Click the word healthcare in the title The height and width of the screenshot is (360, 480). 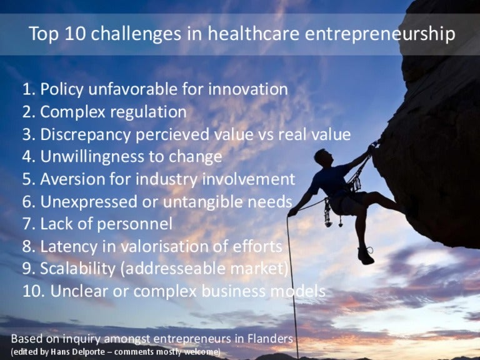[x=254, y=33]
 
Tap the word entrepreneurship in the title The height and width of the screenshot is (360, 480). [x=380, y=34]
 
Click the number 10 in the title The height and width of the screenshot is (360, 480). [x=75, y=33]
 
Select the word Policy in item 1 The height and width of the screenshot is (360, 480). [x=62, y=90]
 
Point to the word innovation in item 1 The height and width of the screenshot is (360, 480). [x=248, y=89]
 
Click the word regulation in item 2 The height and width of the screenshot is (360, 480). [x=148, y=112]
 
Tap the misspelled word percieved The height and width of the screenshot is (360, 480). [x=172, y=135]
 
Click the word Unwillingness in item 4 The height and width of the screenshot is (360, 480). [x=92, y=157]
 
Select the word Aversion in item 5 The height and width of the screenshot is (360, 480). [x=73, y=179]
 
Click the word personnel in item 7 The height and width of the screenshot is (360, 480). [x=135, y=224]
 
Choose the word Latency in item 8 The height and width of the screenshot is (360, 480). [x=69, y=247]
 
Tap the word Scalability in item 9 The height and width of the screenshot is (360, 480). [x=77, y=269]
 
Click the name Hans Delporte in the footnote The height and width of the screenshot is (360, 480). [x=77, y=351]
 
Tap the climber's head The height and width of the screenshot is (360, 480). [x=324, y=157]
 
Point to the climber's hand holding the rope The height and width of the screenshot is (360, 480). [x=292, y=211]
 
